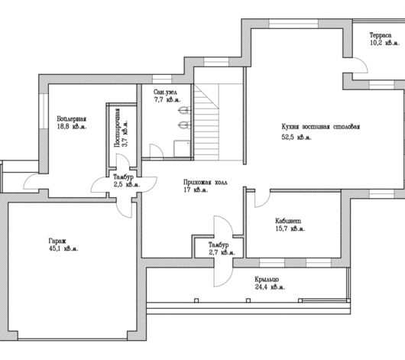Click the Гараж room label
click(57, 241)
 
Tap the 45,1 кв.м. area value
click(63, 248)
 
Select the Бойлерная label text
click(71, 119)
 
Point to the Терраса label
click(381, 35)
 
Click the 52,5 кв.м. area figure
click(296, 138)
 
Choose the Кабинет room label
click(288, 221)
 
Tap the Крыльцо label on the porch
click(267, 280)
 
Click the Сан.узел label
click(165, 92)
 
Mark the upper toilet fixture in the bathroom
click(184, 110)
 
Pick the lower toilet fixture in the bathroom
click(184, 125)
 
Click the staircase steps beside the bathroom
click(206, 122)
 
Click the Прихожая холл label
click(206, 182)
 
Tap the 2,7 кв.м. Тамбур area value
click(222, 252)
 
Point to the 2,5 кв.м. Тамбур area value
click(127, 184)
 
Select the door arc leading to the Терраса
click(363, 63)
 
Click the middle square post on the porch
click(248, 300)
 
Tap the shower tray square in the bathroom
click(182, 148)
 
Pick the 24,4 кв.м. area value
click(270, 287)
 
